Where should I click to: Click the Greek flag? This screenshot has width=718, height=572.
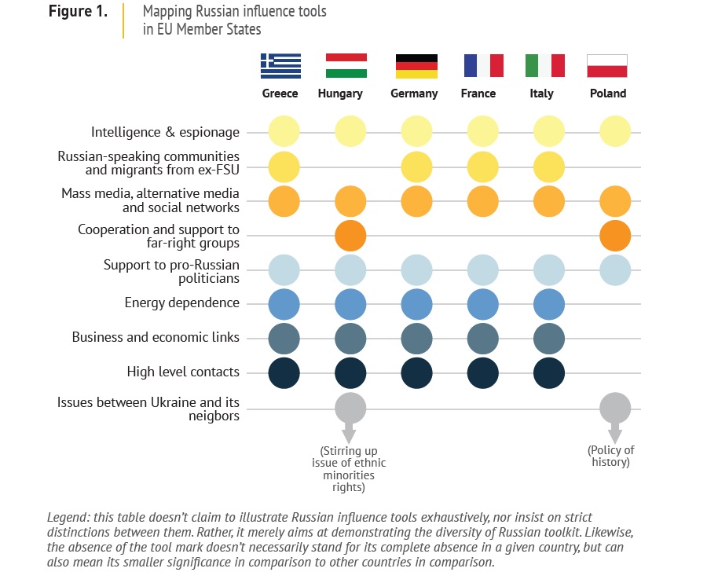[x=280, y=66]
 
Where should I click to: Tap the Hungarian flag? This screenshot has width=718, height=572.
[x=346, y=66]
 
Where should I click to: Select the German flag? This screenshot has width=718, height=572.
[x=416, y=66]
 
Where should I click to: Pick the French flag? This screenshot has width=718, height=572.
[x=483, y=66]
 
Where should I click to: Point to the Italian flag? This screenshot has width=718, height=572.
[x=545, y=66]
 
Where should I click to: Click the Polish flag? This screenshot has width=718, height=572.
[x=607, y=66]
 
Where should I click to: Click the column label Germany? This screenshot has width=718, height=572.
[x=414, y=93]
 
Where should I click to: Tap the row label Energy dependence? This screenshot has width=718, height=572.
[x=181, y=303]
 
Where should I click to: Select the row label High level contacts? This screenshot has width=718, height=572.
[x=183, y=372]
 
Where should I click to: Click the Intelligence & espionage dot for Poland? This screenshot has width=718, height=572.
[x=615, y=131]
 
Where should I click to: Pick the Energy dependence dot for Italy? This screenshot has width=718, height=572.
[x=549, y=303]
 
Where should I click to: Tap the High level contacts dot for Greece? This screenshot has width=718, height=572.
[x=284, y=372]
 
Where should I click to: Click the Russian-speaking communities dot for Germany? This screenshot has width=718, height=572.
[x=416, y=167]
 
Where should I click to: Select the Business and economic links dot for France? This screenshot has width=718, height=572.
[x=483, y=338]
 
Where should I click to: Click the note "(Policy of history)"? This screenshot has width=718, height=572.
[x=611, y=456]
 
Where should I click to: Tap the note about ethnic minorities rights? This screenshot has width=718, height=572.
[x=348, y=468]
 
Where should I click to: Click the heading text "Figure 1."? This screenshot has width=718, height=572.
[x=77, y=13]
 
